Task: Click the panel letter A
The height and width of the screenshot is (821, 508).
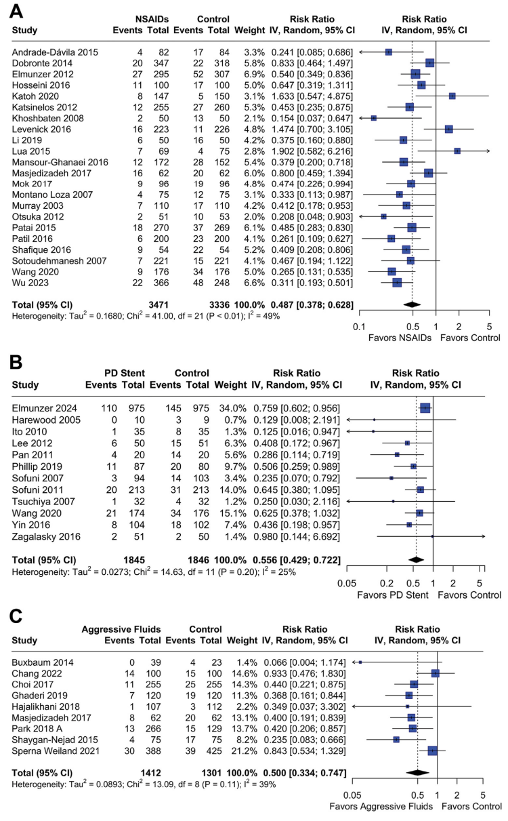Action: (16, 12)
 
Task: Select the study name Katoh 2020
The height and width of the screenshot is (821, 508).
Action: (35, 96)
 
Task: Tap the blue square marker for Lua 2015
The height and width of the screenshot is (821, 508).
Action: (457, 151)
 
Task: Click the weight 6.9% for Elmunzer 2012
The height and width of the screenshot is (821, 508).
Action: (254, 74)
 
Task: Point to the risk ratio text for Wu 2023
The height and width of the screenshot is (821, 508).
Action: (312, 283)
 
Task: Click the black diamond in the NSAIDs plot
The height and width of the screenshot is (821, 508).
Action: (412, 304)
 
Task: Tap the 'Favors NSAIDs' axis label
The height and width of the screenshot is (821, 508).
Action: (400, 338)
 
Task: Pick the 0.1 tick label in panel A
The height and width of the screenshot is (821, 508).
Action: (359, 327)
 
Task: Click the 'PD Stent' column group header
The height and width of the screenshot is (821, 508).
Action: (125, 373)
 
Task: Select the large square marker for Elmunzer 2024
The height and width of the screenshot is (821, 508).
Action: (425, 408)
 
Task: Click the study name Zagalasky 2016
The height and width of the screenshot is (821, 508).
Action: (46, 536)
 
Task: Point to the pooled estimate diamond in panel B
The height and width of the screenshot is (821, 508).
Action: (416, 560)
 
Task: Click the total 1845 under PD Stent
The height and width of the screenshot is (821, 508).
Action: (134, 560)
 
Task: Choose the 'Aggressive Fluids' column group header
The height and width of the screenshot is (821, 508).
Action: (121, 629)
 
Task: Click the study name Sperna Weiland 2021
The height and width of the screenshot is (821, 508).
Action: (56, 751)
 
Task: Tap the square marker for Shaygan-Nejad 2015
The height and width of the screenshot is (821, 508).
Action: (396, 740)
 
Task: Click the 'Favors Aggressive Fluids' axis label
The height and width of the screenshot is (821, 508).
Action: (381, 806)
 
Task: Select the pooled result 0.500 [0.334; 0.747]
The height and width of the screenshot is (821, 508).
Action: (305, 773)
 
